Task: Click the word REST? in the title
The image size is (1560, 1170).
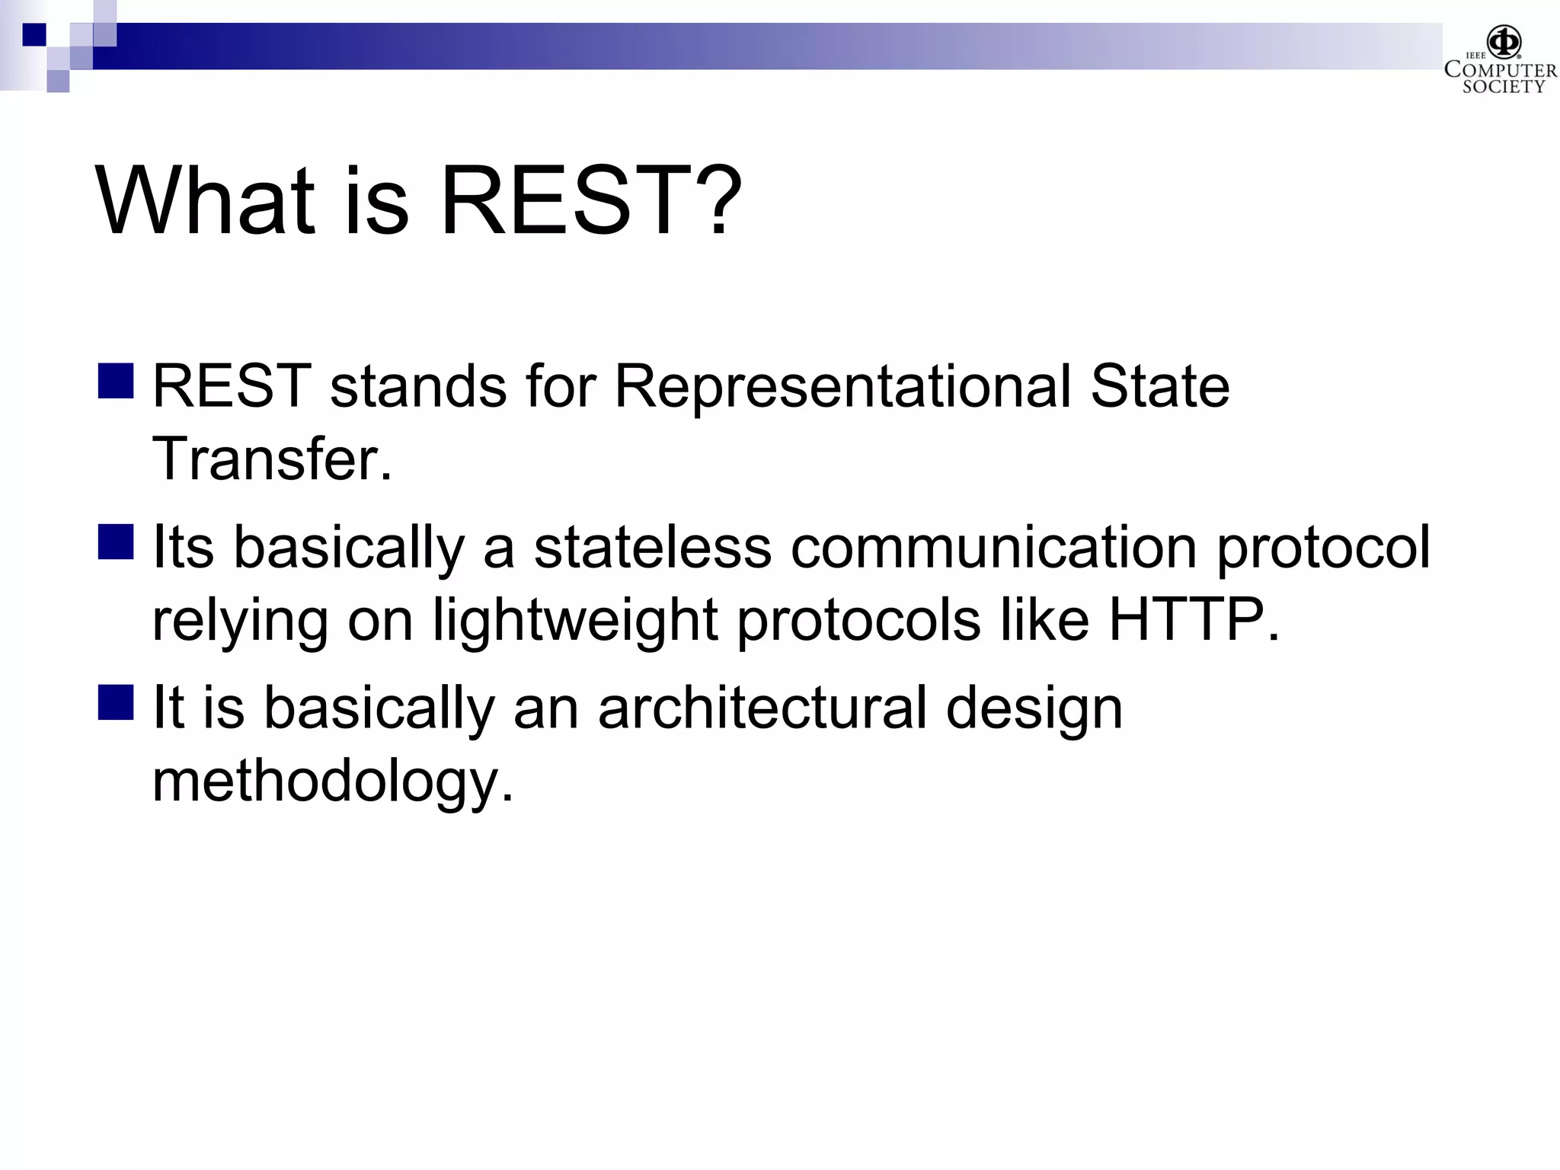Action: pos(590,202)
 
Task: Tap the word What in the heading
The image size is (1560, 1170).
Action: pos(204,202)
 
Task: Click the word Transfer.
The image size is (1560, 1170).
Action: pos(272,459)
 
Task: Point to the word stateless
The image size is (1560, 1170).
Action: pos(652,547)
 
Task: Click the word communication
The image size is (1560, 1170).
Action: pos(994,547)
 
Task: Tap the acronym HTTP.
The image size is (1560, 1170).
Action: pos(1193,619)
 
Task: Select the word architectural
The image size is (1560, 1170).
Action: pos(762,708)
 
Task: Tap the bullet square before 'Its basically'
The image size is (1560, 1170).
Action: pos(116,542)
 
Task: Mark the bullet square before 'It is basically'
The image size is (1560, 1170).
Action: pos(116,702)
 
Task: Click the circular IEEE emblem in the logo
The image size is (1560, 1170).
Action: pos(1504,41)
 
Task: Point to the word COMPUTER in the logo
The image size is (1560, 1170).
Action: pos(1500,70)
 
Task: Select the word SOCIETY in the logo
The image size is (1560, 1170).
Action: pos(1503,87)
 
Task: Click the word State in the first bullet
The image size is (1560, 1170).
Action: pos(1159,387)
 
